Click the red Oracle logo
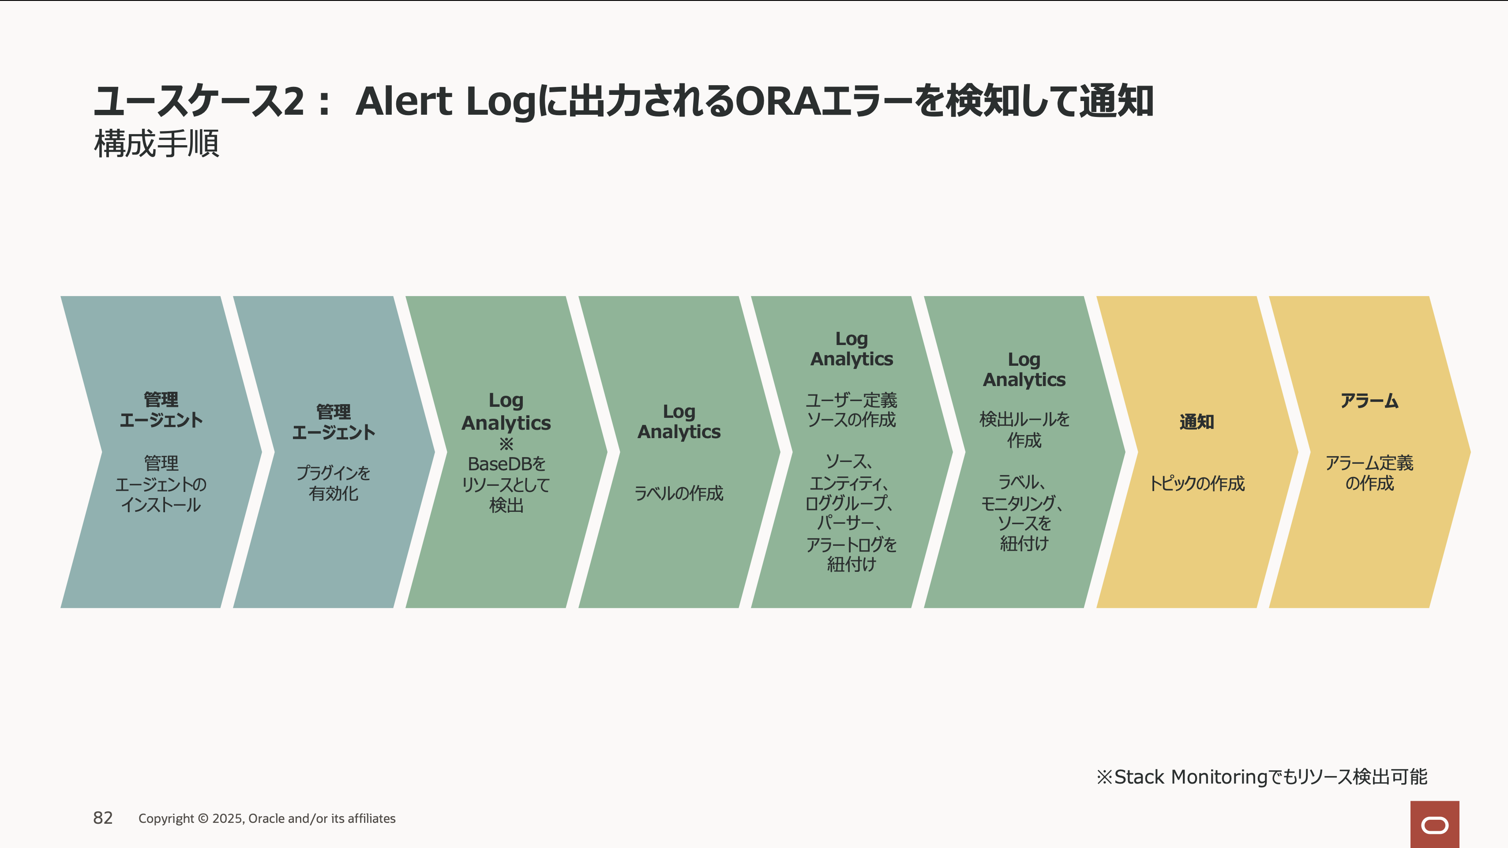pyautogui.click(x=1434, y=824)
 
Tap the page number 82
pyautogui.click(x=103, y=818)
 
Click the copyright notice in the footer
pyautogui.click(x=267, y=818)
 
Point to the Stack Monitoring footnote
pyautogui.click(x=1261, y=777)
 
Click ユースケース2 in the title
pyautogui.click(x=199, y=101)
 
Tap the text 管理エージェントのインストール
pyautogui.click(x=161, y=484)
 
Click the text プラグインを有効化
pyautogui.click(x=334, y=483)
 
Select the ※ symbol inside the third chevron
pyautogui.click(x=506, y=443)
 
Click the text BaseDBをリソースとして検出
pyautogui.click(x=506, y=484)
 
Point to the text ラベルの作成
pyautogui.click(x=679, y=493)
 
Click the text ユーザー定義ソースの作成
pyautogui.click(x=852, y=410)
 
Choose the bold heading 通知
pyautogui.click(x=1197, y=421)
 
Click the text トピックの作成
pyautogui.click(x=1197, y=484)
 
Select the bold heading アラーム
pyautogui.click(x=1369, y=401)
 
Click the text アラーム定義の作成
pyautogui.click(x=1369, y=473)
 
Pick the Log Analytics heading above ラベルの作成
pyautogui.click(x=679, y=421)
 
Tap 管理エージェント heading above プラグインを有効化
pyautogui.click(x=334, y=422)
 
